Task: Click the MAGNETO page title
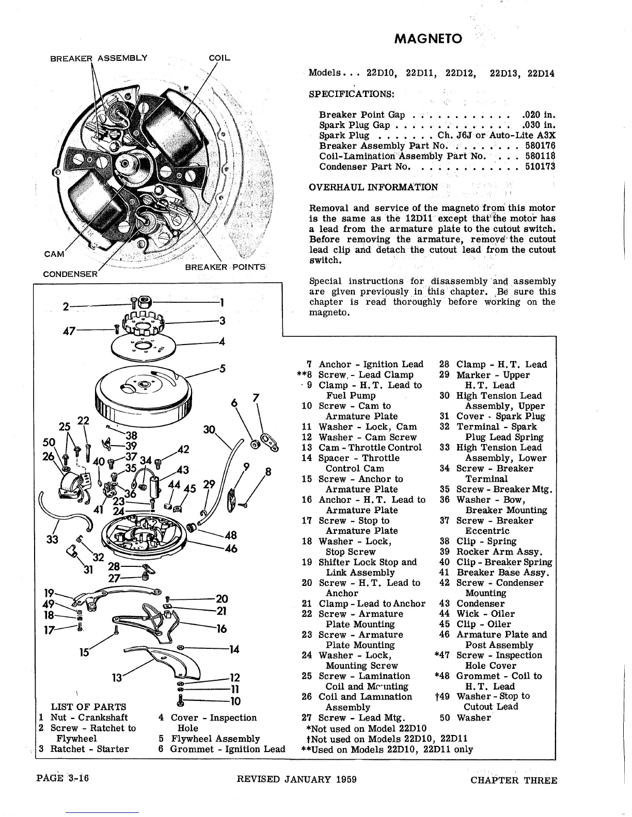[428, 39]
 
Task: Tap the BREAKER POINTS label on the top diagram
[225, 267]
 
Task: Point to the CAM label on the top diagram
[54, 254]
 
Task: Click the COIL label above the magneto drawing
[219, 58]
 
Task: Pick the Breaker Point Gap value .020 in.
[539, 115]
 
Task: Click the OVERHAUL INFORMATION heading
[373, 187]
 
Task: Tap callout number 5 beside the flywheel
[223, 368]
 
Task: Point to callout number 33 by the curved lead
[52, 539]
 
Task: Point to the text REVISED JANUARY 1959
[296, 779]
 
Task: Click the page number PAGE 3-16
[63, 778]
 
